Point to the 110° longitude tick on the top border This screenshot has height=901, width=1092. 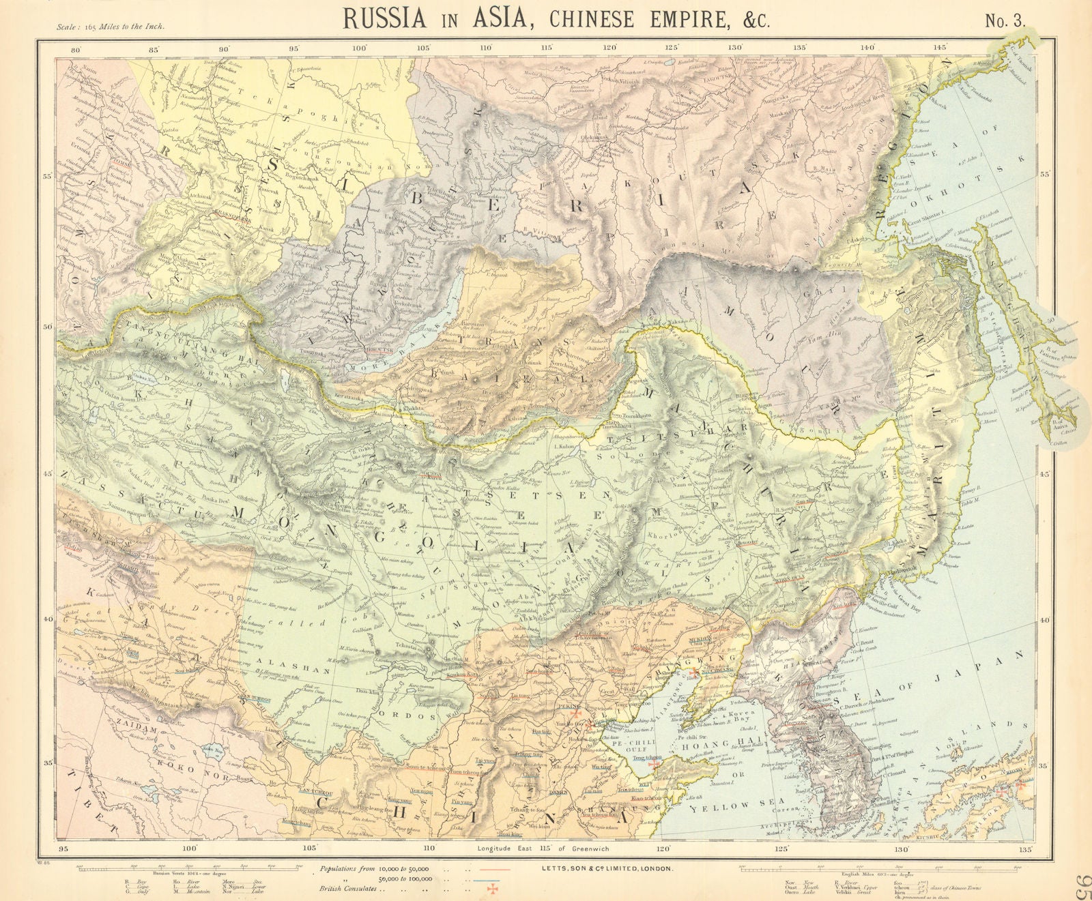pyautogui.click(x=486, y=48)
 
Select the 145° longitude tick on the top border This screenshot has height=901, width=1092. pyautogui.click(x=941, y=48)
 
